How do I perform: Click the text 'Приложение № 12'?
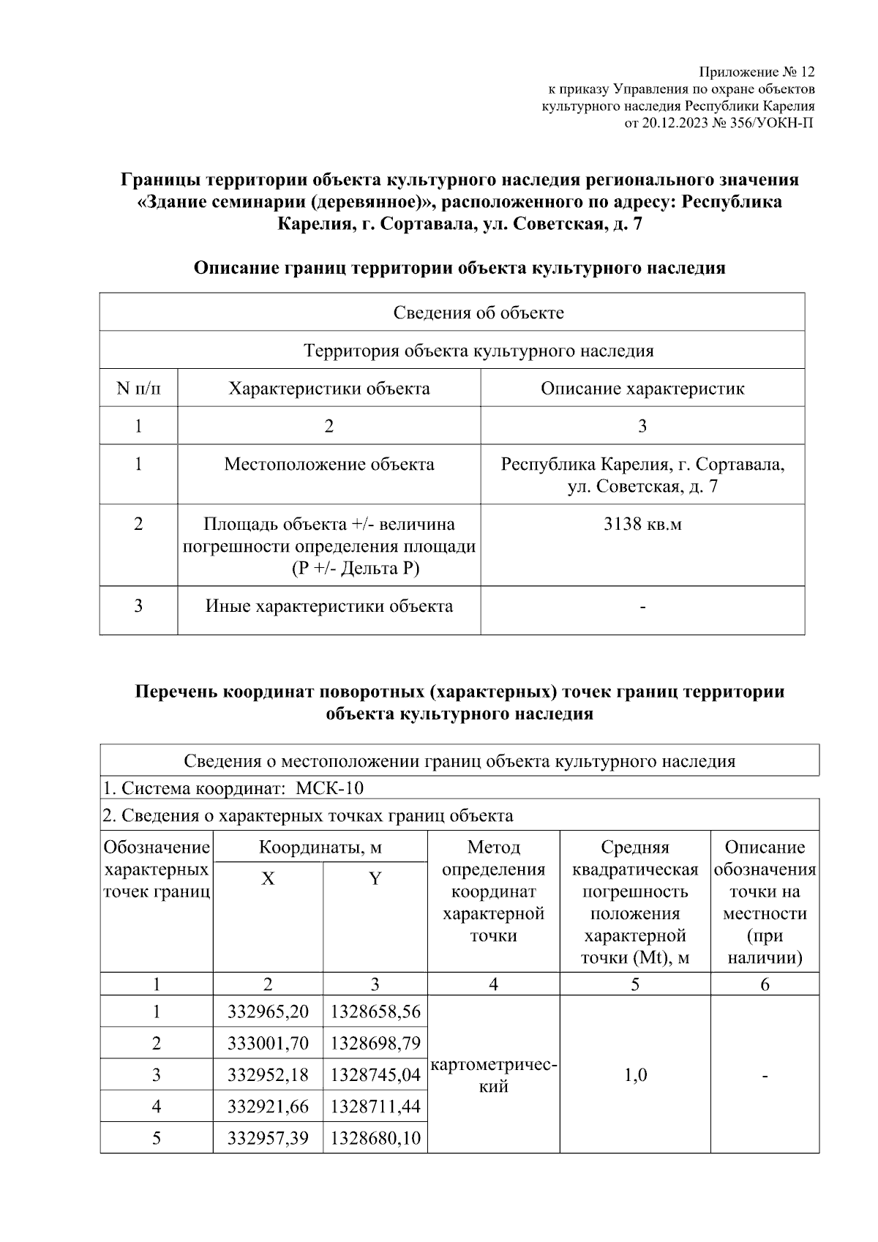(x=757, y=72)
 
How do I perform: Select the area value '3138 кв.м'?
(x=642, y=524)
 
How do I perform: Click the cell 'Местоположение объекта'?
(x=329, y=464)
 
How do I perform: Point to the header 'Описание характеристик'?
(x=642, y=389)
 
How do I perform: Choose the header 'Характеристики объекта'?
(x=329, y=389)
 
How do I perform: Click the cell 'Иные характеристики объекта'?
(x=329, y=606)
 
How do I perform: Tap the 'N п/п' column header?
(x=138, y=389)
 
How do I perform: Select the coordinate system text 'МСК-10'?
(x=330, y=789)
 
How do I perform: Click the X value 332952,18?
(x=268, y=1074)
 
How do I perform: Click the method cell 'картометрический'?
(x=494, y=1075)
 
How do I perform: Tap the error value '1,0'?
(x=635, y=1075)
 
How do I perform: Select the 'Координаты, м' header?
(x=320, y=848)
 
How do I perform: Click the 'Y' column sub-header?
(x=375, y=879)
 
